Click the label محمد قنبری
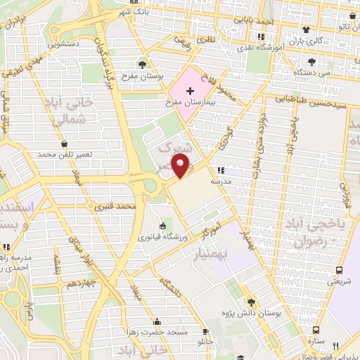tap(116, 207)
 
